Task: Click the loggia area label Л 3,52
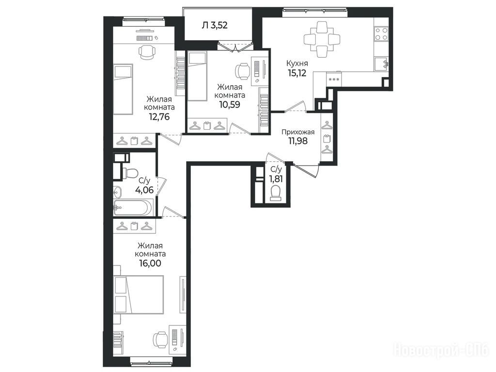(215, 25)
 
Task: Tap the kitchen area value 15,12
(297, 74)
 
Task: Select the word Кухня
(297, 63)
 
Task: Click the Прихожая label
(298, 132)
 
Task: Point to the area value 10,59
(230, 105)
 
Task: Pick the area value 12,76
(159, 117)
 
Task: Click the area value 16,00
(150, 263)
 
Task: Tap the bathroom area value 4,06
(144, 190)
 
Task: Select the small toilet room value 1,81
(276, 179)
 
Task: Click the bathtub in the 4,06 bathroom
(133, 207)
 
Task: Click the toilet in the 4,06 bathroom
(130, 173)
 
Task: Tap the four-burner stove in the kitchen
(381, 34)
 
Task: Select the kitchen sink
(381, 64)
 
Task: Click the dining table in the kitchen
(322, 40)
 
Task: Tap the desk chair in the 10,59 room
(243, 71)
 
